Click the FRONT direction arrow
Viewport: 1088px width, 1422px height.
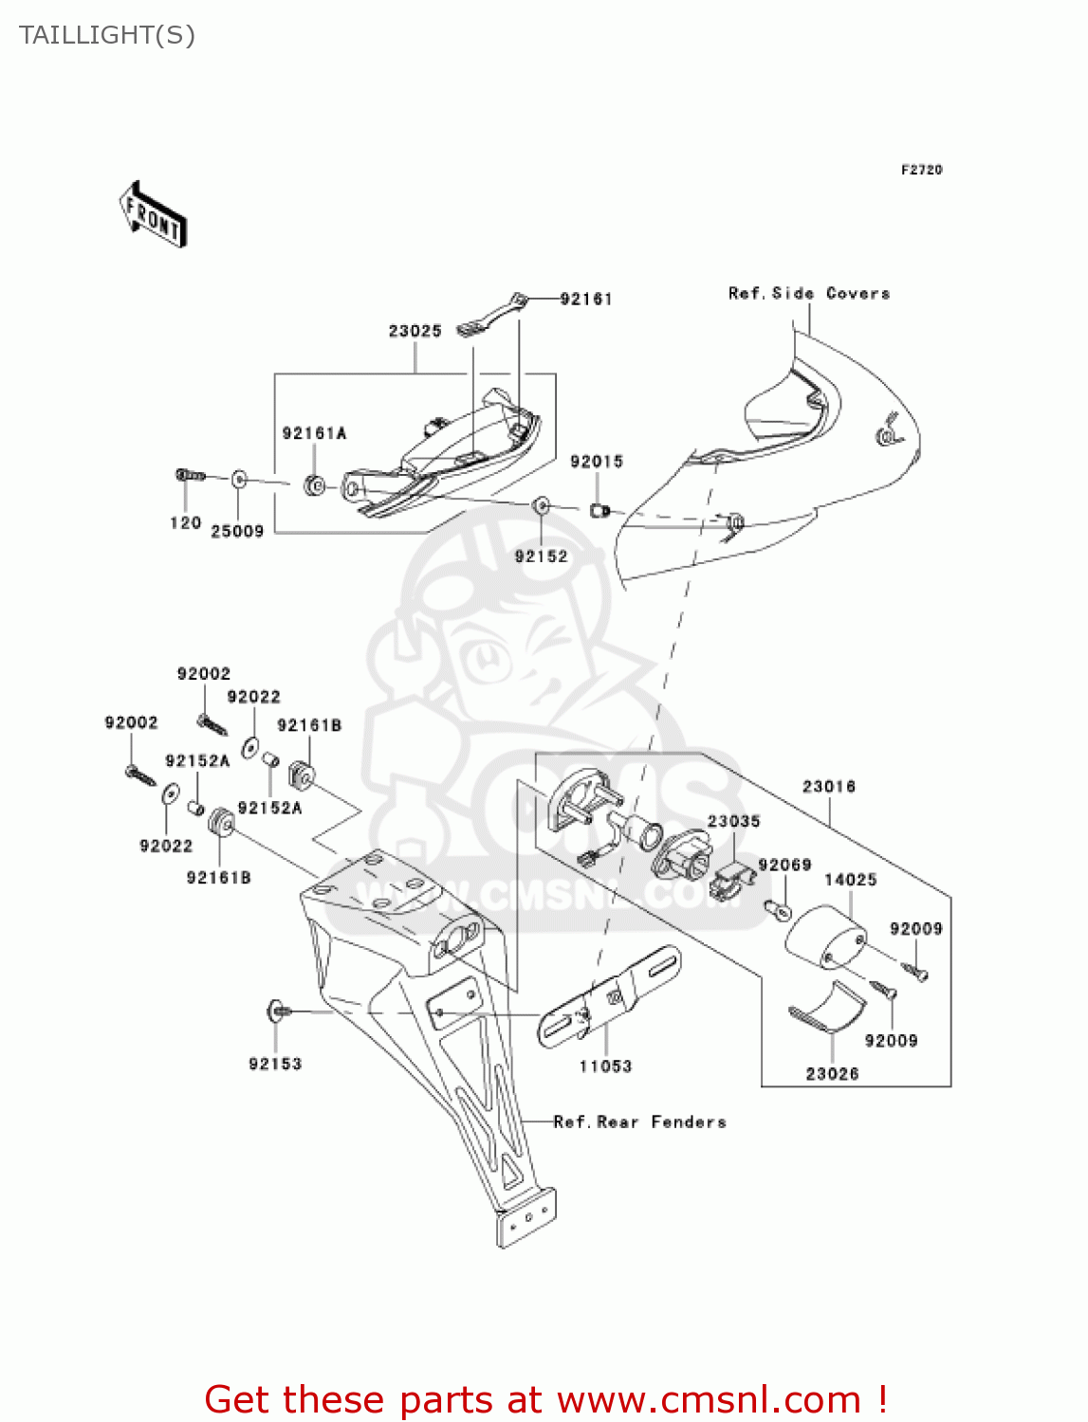[x=153, y=214]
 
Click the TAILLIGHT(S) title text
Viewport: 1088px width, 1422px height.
[x=107, y=35]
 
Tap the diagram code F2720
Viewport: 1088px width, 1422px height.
[x=921, y=170]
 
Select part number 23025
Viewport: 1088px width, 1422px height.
[x=415, y=331]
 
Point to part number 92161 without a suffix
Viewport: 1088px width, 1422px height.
[x=585, y=299]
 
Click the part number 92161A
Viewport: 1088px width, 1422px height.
[x=314, y=433]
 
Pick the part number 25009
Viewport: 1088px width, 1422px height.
[x=237, y=532]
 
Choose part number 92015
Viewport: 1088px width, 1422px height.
[x=596, y=462]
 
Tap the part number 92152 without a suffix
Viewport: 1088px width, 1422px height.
[x=541, y=556]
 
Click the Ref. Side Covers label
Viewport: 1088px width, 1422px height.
[x=809, y=294]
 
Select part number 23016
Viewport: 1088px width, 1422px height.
[x=828, y=786]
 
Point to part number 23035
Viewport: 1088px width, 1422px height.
[x=733, y=821]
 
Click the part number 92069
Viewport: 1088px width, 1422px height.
[x=784, y=865]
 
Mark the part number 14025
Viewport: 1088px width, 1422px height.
[x=850, y=880]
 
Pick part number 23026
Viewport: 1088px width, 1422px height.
[x=832, y=1073]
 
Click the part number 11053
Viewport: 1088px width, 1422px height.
[x=605, y=1066]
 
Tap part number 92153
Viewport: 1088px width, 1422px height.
[x=275, y=1064]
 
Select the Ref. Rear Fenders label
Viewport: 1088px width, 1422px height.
[x=640, y=1122]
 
